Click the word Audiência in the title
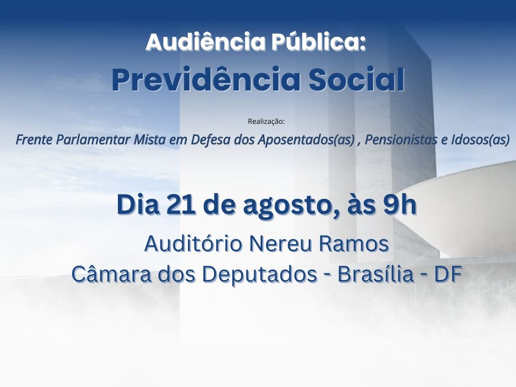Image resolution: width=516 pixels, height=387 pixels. click(206, 42)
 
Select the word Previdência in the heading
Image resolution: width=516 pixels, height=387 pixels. click(206, 79)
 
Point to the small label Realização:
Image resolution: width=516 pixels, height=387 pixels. click(266, 121)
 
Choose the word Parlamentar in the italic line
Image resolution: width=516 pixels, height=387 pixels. click(94, 140)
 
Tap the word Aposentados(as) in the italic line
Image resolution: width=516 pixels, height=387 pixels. click(306, 140)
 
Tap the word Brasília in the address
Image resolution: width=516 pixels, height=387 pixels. click(375, 274)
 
